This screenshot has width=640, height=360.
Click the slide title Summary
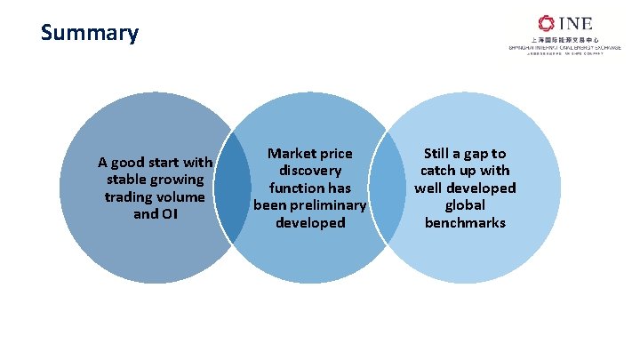click(x=90, y=34)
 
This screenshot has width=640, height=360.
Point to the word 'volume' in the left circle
click(x=180, y=196)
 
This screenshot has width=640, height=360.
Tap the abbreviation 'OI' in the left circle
click(x=167, y=213)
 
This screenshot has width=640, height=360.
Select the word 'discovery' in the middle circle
click(x=310, y=171)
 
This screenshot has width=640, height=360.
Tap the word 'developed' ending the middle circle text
click(x=310, y=222)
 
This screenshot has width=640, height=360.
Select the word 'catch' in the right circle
click(x=439, y=171)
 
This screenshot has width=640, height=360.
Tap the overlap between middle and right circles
click(x=387, y=188)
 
